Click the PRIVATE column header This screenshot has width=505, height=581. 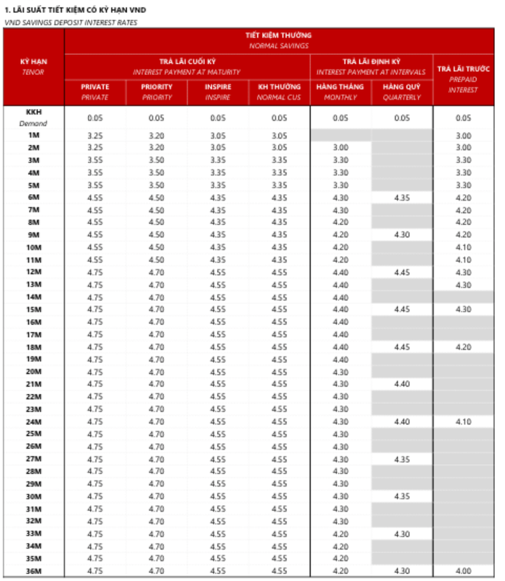click(95, 92)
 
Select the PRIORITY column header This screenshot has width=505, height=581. click(157, 92)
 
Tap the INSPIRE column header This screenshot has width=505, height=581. click(218, 92)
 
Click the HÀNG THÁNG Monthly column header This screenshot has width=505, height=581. click(341, 92)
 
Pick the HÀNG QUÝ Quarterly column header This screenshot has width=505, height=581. click(402, 92)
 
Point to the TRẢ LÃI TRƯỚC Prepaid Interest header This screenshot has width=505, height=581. click(463, 79)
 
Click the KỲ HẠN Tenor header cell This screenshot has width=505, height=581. click(33, 66)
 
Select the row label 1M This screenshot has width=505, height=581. click(33, 136)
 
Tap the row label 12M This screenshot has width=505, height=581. click(33, 272)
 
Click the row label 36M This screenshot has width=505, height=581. click(33, 571)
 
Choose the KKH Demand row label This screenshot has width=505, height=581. click(33, 118)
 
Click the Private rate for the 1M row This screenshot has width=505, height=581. click(95, 136)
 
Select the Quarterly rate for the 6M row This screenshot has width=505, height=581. click(402, 198)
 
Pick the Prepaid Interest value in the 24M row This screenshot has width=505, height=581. click(463, 421)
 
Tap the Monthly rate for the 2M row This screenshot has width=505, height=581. click(341, 148)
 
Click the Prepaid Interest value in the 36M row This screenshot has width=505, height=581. click(463, 571)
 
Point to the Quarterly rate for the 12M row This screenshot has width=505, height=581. click(402, 272)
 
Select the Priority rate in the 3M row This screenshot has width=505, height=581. click(157, 160)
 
